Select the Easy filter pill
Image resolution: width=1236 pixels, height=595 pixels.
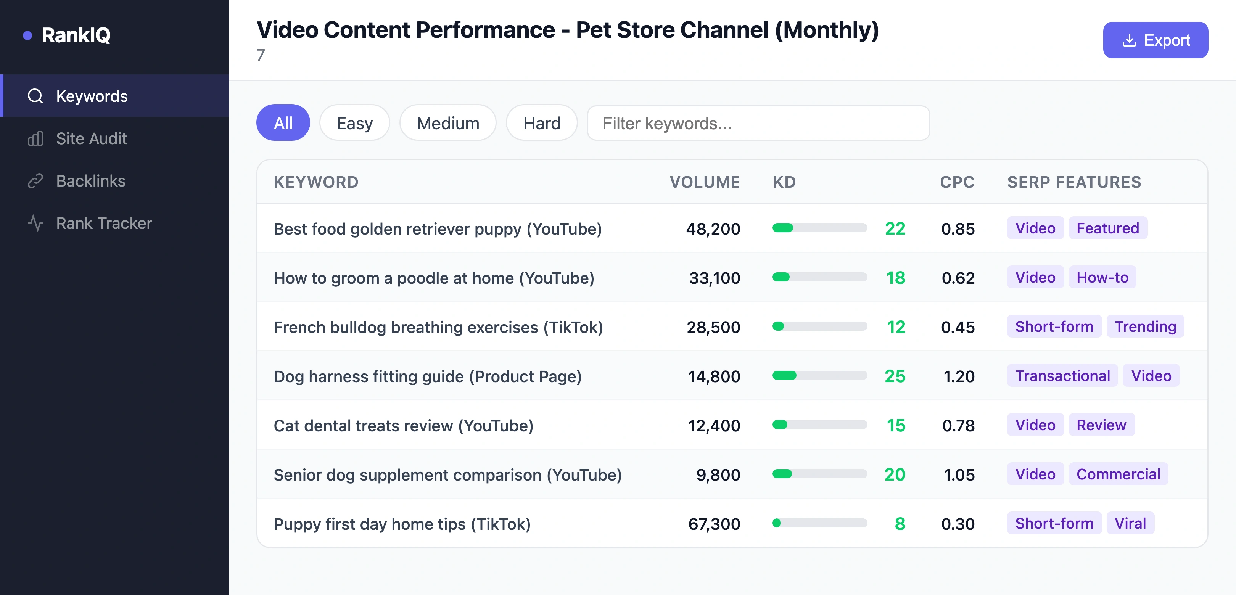354,123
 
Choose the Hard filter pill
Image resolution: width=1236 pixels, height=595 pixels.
541,123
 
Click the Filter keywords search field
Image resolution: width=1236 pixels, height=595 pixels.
758,123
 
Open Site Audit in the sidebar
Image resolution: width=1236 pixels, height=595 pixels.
91,139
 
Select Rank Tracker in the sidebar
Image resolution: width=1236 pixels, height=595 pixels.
104,223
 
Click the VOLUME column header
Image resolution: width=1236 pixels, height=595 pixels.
704,182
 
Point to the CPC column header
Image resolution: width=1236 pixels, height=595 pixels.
957,182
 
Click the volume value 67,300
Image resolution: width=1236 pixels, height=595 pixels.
714,524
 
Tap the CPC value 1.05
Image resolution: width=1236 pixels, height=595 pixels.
959,475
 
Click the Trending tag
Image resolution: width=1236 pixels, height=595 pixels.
1145,327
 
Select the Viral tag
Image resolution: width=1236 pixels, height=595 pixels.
1130,524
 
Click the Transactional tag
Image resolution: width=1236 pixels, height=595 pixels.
1062,376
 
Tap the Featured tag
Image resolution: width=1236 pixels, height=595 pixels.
1107,228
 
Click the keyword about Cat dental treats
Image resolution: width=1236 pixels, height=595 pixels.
403,426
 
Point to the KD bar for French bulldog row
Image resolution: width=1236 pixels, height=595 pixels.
819,327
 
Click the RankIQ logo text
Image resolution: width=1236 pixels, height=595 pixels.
76,35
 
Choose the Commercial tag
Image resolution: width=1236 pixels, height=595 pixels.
1118,474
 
